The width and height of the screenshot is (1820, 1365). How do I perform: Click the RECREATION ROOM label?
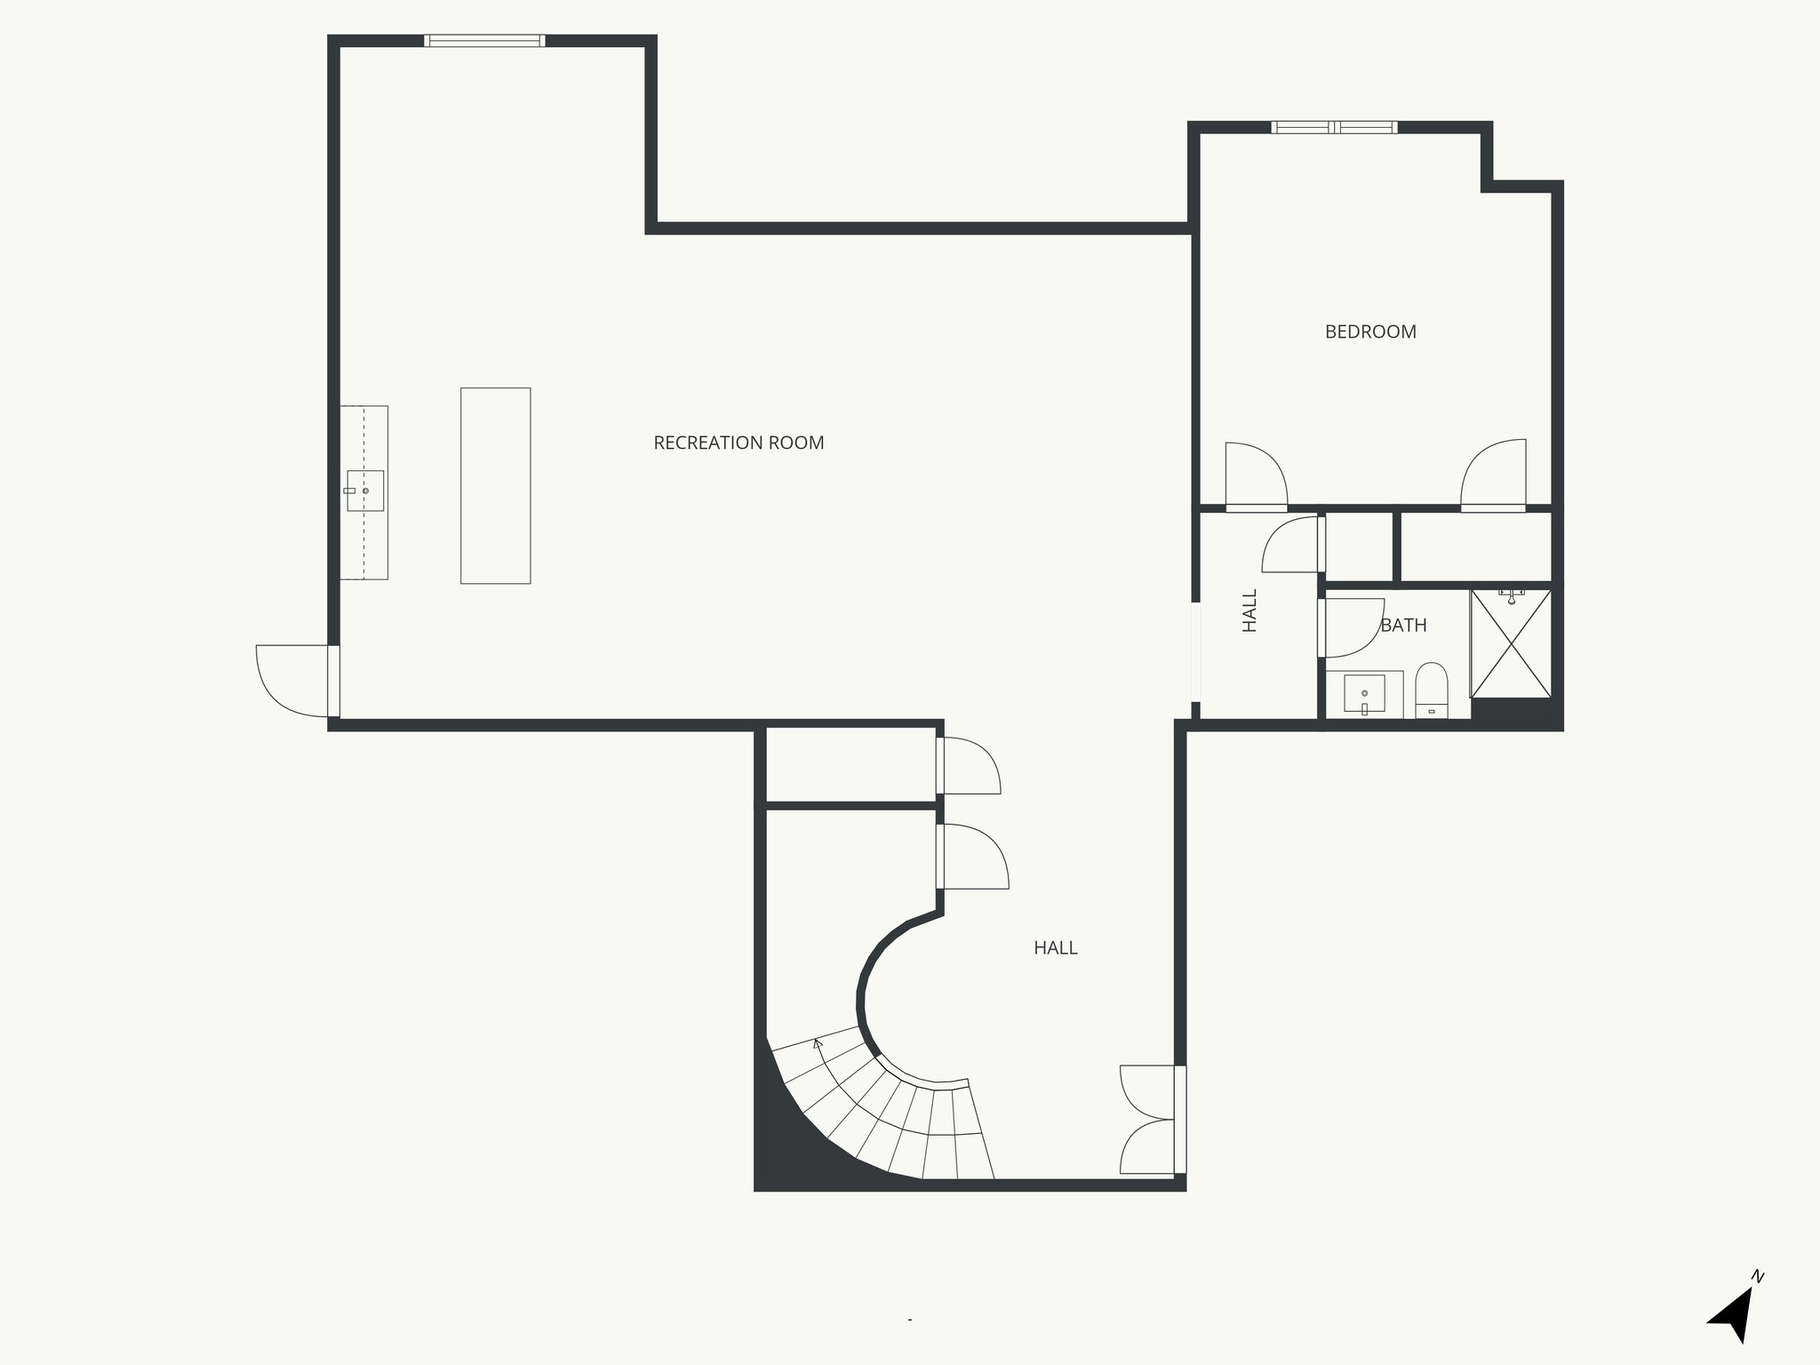(738, 443)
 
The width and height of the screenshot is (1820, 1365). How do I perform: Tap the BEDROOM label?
(1370, 331)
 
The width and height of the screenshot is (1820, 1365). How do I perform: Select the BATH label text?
(1403, 626)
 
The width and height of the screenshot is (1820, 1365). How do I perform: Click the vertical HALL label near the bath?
(1249, 611)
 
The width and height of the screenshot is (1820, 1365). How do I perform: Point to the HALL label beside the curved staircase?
(1055, 948)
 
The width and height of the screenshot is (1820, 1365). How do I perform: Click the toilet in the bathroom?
(1431, 690)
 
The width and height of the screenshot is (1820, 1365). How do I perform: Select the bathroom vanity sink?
(1364, 693)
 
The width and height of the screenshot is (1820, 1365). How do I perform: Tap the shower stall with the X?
(1511, 643)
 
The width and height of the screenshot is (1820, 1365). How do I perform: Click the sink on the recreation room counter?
(364, 491)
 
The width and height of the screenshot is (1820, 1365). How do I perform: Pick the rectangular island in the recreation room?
(495, 485)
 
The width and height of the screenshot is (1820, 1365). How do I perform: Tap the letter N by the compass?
(1757, 1302)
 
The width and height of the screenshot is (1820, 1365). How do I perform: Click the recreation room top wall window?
(483, 40)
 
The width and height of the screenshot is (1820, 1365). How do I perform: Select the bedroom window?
(1333, 127)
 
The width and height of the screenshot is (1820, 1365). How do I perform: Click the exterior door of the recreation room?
(293, 681)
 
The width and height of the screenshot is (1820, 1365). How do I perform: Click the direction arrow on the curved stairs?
(818, 1043)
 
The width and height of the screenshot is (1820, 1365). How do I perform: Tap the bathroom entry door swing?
(1353, 627)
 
